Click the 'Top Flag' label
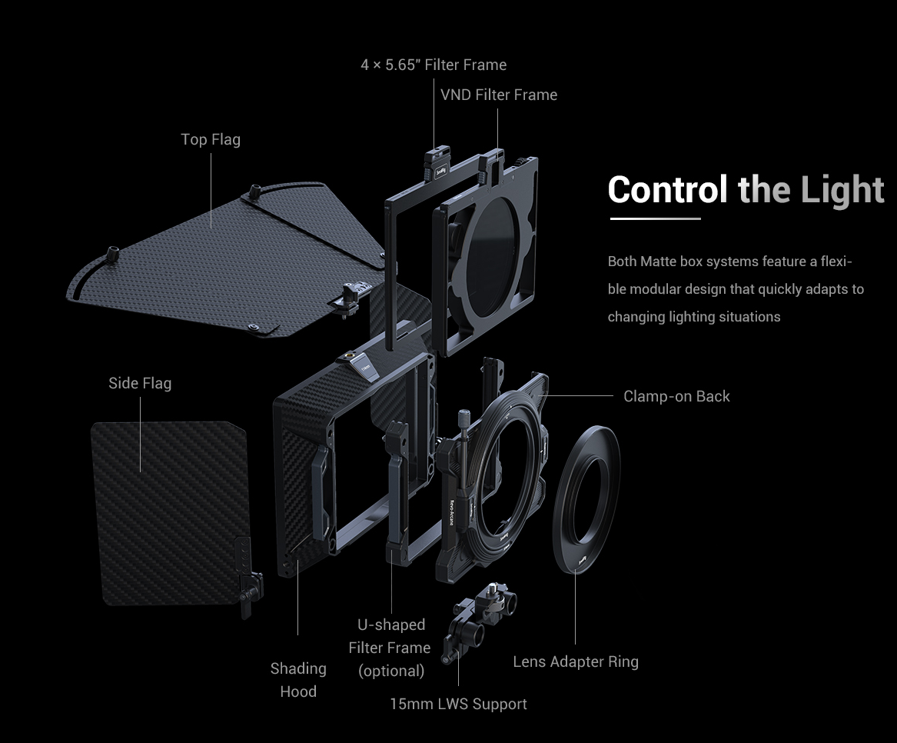click(x=211, y=139)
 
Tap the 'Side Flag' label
click(x=140, y=383)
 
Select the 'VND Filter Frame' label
click(x=499, y=95)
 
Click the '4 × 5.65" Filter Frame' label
click(x=434, y=65)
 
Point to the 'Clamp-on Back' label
click(x=676, y=396)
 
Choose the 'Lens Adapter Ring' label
click(x=576, y=661)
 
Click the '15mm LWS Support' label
click(x=458, y=704)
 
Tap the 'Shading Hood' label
click(x=298, y=680)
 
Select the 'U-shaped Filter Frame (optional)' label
click(x=390, y=648)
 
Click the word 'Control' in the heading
click(x=667, y=189)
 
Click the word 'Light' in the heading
click(x=842, y=189)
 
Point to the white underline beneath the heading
click(x=655, y=218)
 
